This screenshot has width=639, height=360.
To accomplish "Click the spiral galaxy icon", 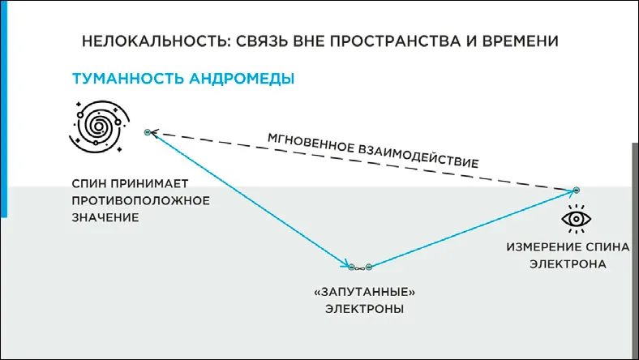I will [98, 126].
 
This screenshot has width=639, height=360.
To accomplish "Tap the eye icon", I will [578, 219].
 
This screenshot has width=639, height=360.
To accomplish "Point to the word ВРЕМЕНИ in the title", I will [522, 41].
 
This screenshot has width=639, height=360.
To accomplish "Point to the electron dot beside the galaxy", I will [148, 131].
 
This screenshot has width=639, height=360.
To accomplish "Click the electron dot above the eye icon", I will [576, 190].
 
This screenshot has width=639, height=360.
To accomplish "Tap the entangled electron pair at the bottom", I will [358, 265].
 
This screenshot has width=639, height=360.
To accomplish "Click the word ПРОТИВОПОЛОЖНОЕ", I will [141, 200].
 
